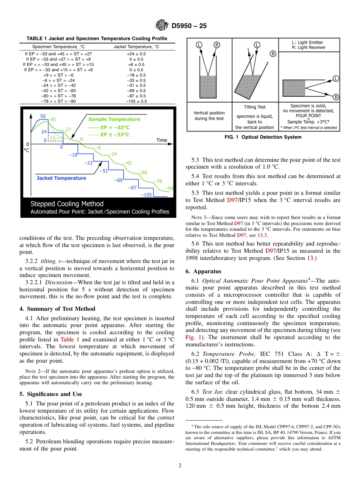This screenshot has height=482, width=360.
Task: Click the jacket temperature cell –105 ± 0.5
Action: [136, 101]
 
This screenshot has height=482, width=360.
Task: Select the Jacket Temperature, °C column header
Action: [136, 47]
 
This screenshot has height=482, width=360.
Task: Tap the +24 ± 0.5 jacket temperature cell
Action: [136, 54]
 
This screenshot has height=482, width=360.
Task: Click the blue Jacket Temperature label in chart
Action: [61, 178]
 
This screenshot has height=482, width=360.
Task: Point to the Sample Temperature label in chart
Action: [114, 119]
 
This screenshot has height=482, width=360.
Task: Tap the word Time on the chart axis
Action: [161, 140]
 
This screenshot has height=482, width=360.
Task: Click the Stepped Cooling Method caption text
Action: [67, 204]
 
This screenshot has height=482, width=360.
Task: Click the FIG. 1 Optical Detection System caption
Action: [263, 137]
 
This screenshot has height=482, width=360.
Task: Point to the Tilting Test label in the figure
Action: [255, 107]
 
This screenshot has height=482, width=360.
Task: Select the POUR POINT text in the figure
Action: [308, 116]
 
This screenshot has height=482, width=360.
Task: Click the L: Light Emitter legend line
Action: [303, 42]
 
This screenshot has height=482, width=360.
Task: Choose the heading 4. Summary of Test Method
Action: [57, 308]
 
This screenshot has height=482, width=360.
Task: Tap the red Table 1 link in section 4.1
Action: [70, 340]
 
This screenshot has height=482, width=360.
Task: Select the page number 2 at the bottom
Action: [180, 466]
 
